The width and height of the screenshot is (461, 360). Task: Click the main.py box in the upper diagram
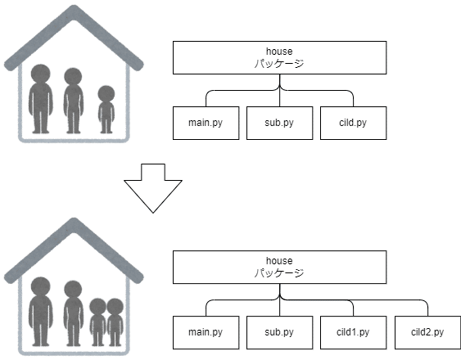click(x=206, y=123)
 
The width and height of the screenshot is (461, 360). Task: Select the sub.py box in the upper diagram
click(x=279, y=123)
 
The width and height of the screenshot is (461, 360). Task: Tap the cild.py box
click(x=353, y=123)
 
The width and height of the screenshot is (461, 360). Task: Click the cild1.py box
click(x=353, y=332)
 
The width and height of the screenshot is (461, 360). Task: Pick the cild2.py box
click(x=427, y=332)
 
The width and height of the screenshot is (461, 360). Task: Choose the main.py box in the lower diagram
click(x=206, y=332)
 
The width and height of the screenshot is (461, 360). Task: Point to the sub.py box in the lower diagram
click(x=279, y=332)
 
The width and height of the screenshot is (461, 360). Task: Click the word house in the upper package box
click(x=279, y=52)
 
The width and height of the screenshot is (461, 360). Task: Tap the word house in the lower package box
click(x=279, y=261)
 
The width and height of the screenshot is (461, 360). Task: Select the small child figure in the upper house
click(x=106, y=110)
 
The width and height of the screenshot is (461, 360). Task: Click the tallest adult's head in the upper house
click(x=41, y=74)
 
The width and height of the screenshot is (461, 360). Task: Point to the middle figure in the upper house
click(x=73, y=101)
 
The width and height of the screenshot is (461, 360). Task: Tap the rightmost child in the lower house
click(x=115, y=322)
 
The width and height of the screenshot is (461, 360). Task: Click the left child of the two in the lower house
click(x=97, y=322)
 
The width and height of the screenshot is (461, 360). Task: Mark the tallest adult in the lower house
click(x=41, y=312)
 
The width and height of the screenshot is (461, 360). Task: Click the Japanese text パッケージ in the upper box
click(x=279, y=64)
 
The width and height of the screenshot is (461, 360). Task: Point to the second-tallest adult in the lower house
click(x=73, y=313)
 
